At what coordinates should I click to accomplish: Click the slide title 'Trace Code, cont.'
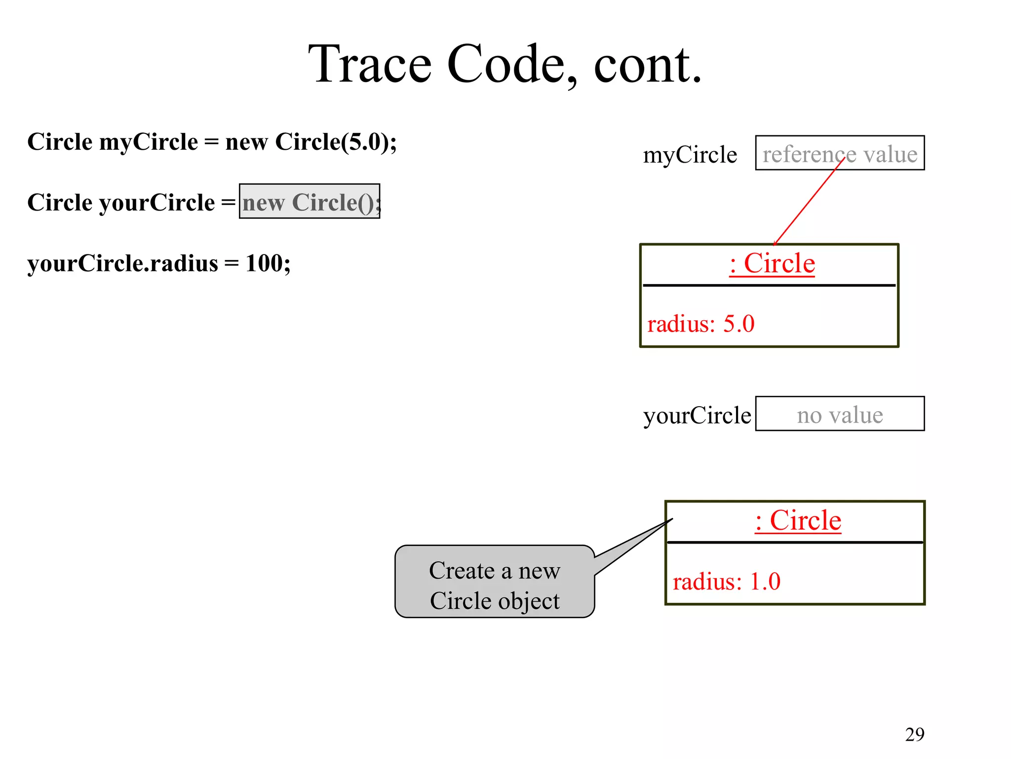(505, 64)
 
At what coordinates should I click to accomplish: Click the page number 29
(914, 734)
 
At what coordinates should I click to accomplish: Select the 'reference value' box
(839, 153)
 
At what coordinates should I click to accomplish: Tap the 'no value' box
(839, 414)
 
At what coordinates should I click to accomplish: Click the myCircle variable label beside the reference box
(690, 155)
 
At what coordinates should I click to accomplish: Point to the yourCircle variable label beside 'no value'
(697, 415)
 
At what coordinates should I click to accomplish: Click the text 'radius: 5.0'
(700, 324)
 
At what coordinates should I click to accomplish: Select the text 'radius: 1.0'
(726, 582)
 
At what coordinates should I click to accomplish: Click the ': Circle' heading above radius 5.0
(772, 263)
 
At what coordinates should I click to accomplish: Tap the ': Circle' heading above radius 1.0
(798, 520)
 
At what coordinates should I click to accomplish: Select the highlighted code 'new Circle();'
(310, 202)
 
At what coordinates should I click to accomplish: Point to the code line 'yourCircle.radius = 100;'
(159, 263)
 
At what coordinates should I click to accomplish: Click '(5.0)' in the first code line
(364, 142)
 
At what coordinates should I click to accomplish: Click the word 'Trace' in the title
(370, 64)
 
